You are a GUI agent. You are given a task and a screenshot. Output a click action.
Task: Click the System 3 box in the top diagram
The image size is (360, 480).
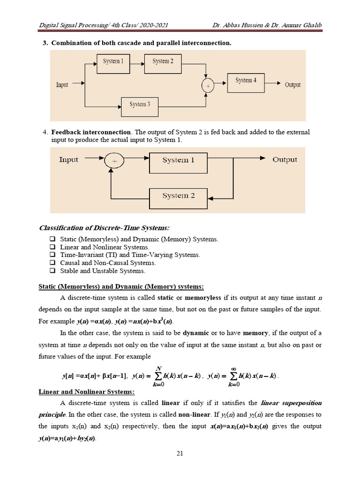(140, 104)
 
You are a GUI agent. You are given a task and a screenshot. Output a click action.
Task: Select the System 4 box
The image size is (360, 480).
(246, 81)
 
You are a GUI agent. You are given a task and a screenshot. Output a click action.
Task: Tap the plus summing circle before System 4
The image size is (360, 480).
(207, 86)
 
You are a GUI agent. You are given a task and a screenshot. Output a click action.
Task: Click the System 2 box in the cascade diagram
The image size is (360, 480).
(163, 61)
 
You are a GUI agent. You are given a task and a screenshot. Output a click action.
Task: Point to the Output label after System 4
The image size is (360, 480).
(292, 85)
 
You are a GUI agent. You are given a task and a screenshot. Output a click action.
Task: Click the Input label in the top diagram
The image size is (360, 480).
(62, 85)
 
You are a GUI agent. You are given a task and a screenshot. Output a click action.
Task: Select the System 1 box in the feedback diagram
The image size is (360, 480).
(178, 160)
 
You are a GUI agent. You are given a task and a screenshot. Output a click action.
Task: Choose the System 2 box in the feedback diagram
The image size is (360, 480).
(178, 195)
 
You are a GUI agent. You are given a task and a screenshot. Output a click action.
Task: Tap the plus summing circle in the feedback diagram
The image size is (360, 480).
(113, 160)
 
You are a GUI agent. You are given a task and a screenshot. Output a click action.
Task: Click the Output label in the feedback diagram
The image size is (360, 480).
(285, 160)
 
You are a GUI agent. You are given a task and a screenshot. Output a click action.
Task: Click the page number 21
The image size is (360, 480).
(180, 452)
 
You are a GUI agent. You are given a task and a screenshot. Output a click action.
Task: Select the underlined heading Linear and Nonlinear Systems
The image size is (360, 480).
(86, 392)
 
